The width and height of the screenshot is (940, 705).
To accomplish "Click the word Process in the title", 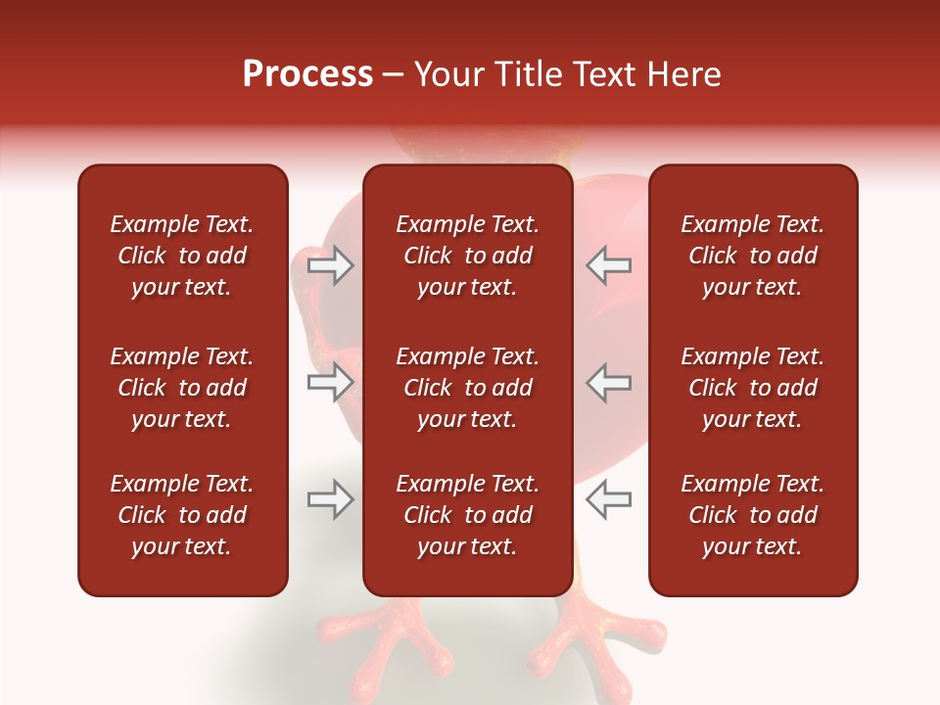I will click(x=307, y=74).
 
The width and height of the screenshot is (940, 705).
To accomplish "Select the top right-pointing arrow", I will click(x=331, y=265).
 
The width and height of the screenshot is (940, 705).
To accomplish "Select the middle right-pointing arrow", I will click(x=331, y=382).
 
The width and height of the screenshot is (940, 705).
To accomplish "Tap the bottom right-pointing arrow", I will click(x=331, y=499).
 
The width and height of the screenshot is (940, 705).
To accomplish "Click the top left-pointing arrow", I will click(x=608, y=265).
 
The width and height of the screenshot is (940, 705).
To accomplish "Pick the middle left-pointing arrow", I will click(x=608, y=382).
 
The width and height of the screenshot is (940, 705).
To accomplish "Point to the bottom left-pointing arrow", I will click(x=608, y=499).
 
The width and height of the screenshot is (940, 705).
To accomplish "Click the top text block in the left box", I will click(x=182, y=256).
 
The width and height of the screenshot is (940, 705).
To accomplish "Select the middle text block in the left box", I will click(x=182, y=388).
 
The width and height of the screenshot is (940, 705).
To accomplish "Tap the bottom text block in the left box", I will click(x=182, y=515).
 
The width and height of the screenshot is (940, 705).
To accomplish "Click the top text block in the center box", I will click(x=467, y=256).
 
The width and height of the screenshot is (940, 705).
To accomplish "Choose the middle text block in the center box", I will click(x=467, y=388).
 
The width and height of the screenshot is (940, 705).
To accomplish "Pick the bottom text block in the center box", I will click(x=467, y=515).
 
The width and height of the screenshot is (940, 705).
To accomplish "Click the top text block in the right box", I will click(x=753, y=256).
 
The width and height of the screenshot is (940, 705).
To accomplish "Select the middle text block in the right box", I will click(x=753, y=388).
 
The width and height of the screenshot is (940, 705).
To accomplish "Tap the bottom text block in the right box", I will click(x=753, y=515).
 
